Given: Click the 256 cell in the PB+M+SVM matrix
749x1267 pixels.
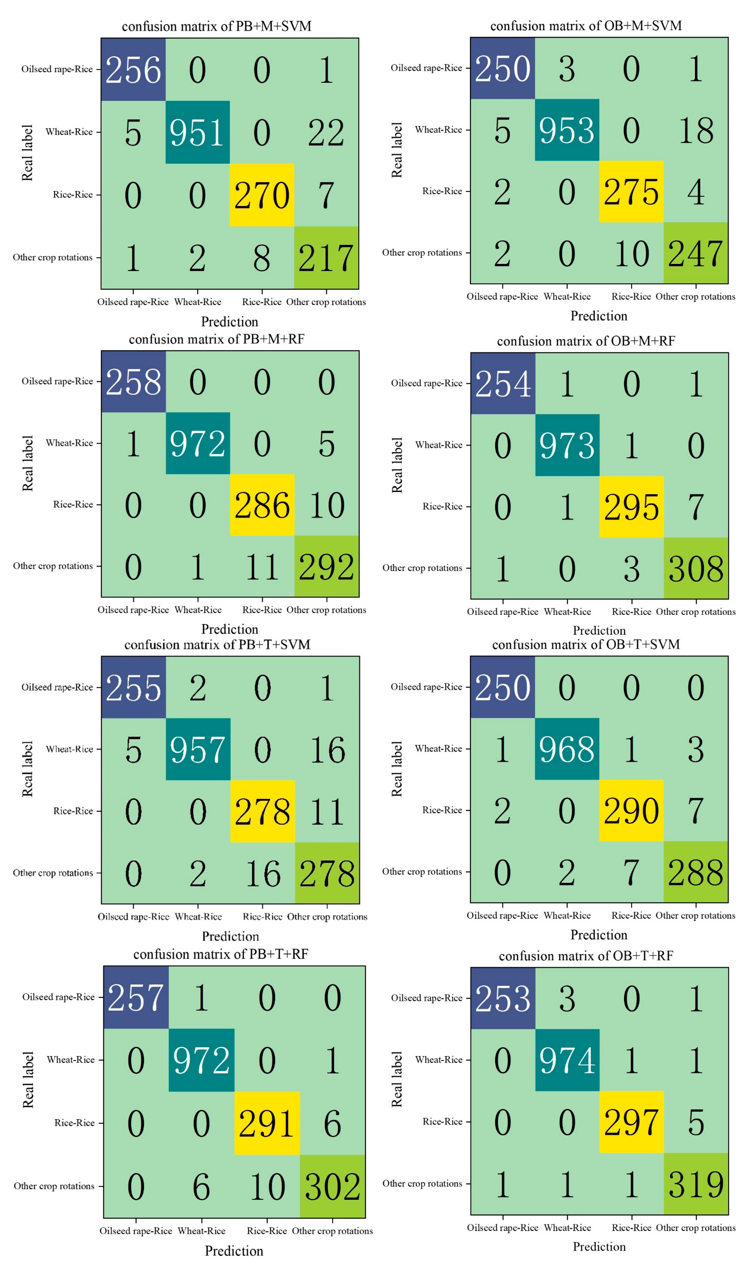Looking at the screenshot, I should pos(133,70).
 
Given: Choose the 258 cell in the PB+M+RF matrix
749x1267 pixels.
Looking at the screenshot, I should pos(133,382).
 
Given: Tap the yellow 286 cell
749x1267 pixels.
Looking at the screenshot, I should pos(262,505).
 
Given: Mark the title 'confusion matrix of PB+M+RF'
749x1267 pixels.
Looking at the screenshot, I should pos(217,339).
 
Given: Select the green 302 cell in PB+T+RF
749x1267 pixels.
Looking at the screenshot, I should pos(332,1187).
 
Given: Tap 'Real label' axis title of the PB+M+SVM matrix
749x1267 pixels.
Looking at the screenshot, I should pos(27,153).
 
